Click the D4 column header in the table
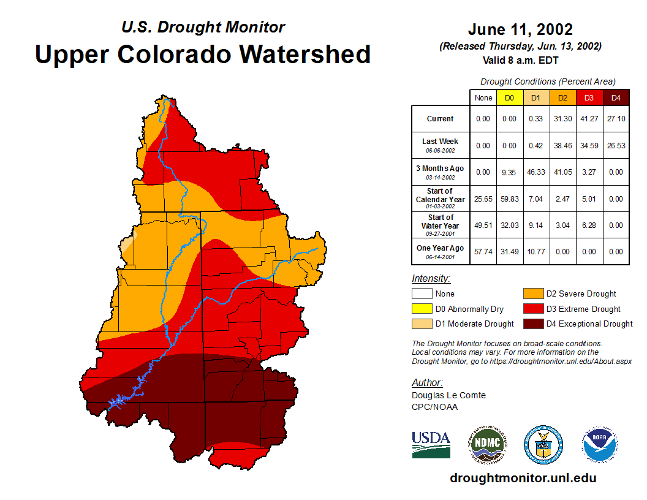click(616, 98)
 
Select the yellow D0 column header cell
click(510, 98)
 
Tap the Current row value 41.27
click(590, 119)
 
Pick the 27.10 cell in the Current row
click(616, 119)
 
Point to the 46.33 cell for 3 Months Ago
click(537, 172)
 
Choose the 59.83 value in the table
click(510, 199)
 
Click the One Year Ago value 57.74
click(483, 251)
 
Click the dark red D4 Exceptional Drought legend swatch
click(532, 324)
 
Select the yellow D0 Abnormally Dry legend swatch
click(422, 309)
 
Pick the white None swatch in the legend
click(422, 294)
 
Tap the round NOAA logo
click(600, 444)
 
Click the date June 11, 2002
click(520, 29)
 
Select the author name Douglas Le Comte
click(448, 395)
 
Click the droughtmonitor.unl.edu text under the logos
click(523, 478)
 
